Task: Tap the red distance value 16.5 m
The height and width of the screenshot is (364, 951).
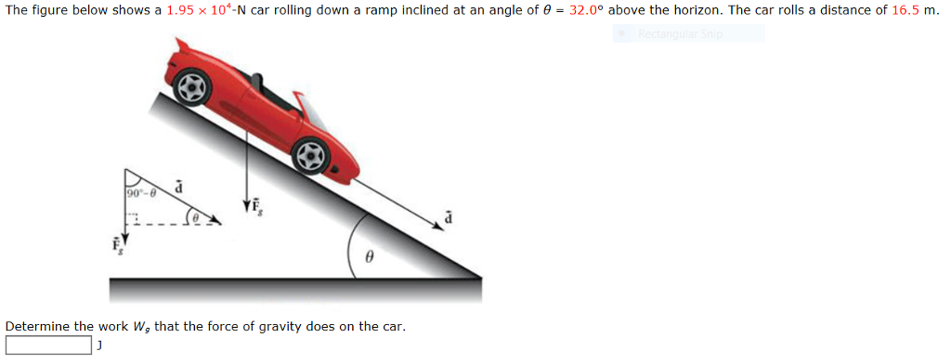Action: point(906,10)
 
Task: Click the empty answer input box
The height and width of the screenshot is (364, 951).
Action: point(48,345)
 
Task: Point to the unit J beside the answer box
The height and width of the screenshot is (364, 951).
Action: point(98,345)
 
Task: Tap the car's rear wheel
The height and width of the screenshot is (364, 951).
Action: point(192,87)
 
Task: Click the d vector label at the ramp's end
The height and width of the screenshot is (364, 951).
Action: point(449,216)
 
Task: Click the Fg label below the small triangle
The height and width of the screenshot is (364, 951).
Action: point(118,246)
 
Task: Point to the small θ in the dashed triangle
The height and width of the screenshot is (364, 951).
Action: point(199,218)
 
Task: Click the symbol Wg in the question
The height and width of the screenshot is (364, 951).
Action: point(142,327)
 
